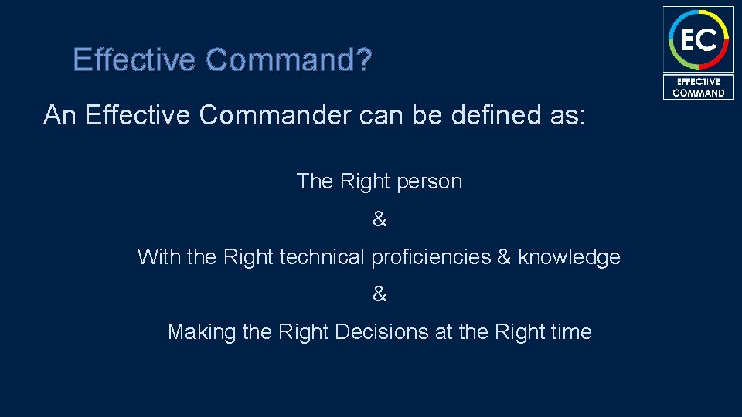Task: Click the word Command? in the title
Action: tap(289, 59)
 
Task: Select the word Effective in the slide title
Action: tap(136, 59)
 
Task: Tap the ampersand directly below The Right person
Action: tap(379, 220)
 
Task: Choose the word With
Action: tap(158, 257)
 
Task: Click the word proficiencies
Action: tap(431, 257)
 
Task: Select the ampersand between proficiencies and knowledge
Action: tap(504, 257)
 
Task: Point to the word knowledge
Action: tap(570, 257)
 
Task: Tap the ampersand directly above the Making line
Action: tap(379, 294)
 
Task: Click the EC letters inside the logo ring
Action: tap(698, 39)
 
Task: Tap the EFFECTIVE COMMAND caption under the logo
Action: tap(698, 87)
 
